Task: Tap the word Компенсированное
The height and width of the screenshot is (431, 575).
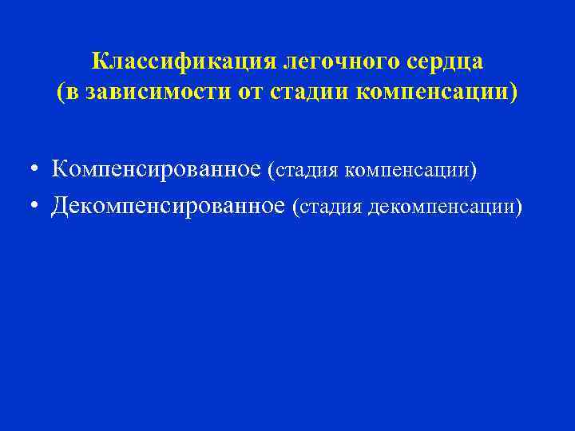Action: (x=157, y=169)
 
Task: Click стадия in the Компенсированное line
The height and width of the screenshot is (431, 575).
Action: (x=306, y=171)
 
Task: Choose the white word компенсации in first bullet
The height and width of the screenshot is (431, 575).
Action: (x=407, y=171)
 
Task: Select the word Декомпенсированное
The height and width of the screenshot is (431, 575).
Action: (x=168, y=206)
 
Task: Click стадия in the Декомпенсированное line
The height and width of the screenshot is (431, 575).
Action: (x=329, y=208)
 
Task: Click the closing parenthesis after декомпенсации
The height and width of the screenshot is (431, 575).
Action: (x=519, y=208)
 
